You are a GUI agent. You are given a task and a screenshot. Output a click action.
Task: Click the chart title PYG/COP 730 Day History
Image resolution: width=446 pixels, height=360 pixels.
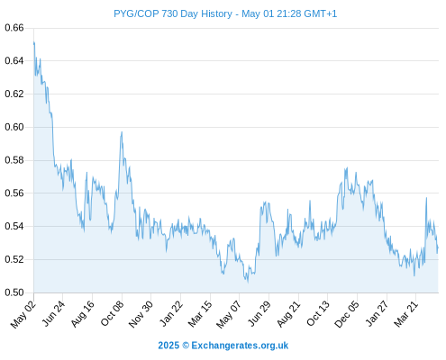[x=173, y=13]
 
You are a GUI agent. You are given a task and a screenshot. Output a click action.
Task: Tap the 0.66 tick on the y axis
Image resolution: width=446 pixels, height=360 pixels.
[x=14, y=28]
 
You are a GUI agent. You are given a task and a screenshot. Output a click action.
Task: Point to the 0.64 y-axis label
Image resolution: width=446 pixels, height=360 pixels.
[x=14, y=61]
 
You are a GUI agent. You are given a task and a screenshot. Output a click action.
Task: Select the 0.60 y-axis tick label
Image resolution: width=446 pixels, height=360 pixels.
[x=14, y=127]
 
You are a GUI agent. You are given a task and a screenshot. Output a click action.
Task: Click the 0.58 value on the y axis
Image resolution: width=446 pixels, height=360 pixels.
[x=14, y=160]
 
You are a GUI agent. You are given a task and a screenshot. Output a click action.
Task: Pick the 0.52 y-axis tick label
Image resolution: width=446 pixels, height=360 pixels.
[x=14, y=259]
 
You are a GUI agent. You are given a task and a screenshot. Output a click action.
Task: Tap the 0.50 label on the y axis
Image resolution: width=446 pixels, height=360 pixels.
[x=14, y=292]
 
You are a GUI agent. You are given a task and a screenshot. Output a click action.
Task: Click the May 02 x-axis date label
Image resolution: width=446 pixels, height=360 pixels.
[x=23, y=314]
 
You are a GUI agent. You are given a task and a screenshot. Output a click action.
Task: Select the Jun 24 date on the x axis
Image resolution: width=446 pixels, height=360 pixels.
[x=52, y=314]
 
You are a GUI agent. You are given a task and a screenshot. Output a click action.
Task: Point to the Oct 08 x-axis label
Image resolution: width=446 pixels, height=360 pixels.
[x=112, y=314]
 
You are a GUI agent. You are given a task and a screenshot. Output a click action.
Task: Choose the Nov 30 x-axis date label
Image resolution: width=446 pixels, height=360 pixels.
[x=141, y=314]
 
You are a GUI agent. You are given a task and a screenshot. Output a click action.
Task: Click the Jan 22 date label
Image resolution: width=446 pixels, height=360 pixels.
[x=170, y=314]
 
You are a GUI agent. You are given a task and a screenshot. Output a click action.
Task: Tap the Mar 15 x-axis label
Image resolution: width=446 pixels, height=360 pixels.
[x=200, y=314]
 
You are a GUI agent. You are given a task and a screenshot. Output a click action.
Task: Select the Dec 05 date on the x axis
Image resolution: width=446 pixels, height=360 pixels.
[x=346, y=314]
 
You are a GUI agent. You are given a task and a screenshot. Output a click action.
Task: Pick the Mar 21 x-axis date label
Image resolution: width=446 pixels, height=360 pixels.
[x=405, y=314]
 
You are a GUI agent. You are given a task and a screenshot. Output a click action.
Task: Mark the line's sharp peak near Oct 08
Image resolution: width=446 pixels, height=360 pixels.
[x=122, y=132]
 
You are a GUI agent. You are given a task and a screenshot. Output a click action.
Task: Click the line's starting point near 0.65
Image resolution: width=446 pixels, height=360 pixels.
[x=34, y=43]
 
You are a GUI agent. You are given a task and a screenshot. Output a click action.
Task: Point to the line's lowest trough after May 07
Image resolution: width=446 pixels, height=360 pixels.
[x=248, y=282]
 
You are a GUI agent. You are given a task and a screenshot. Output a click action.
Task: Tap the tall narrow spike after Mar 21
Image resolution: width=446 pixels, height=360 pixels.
[x=426, y=198]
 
